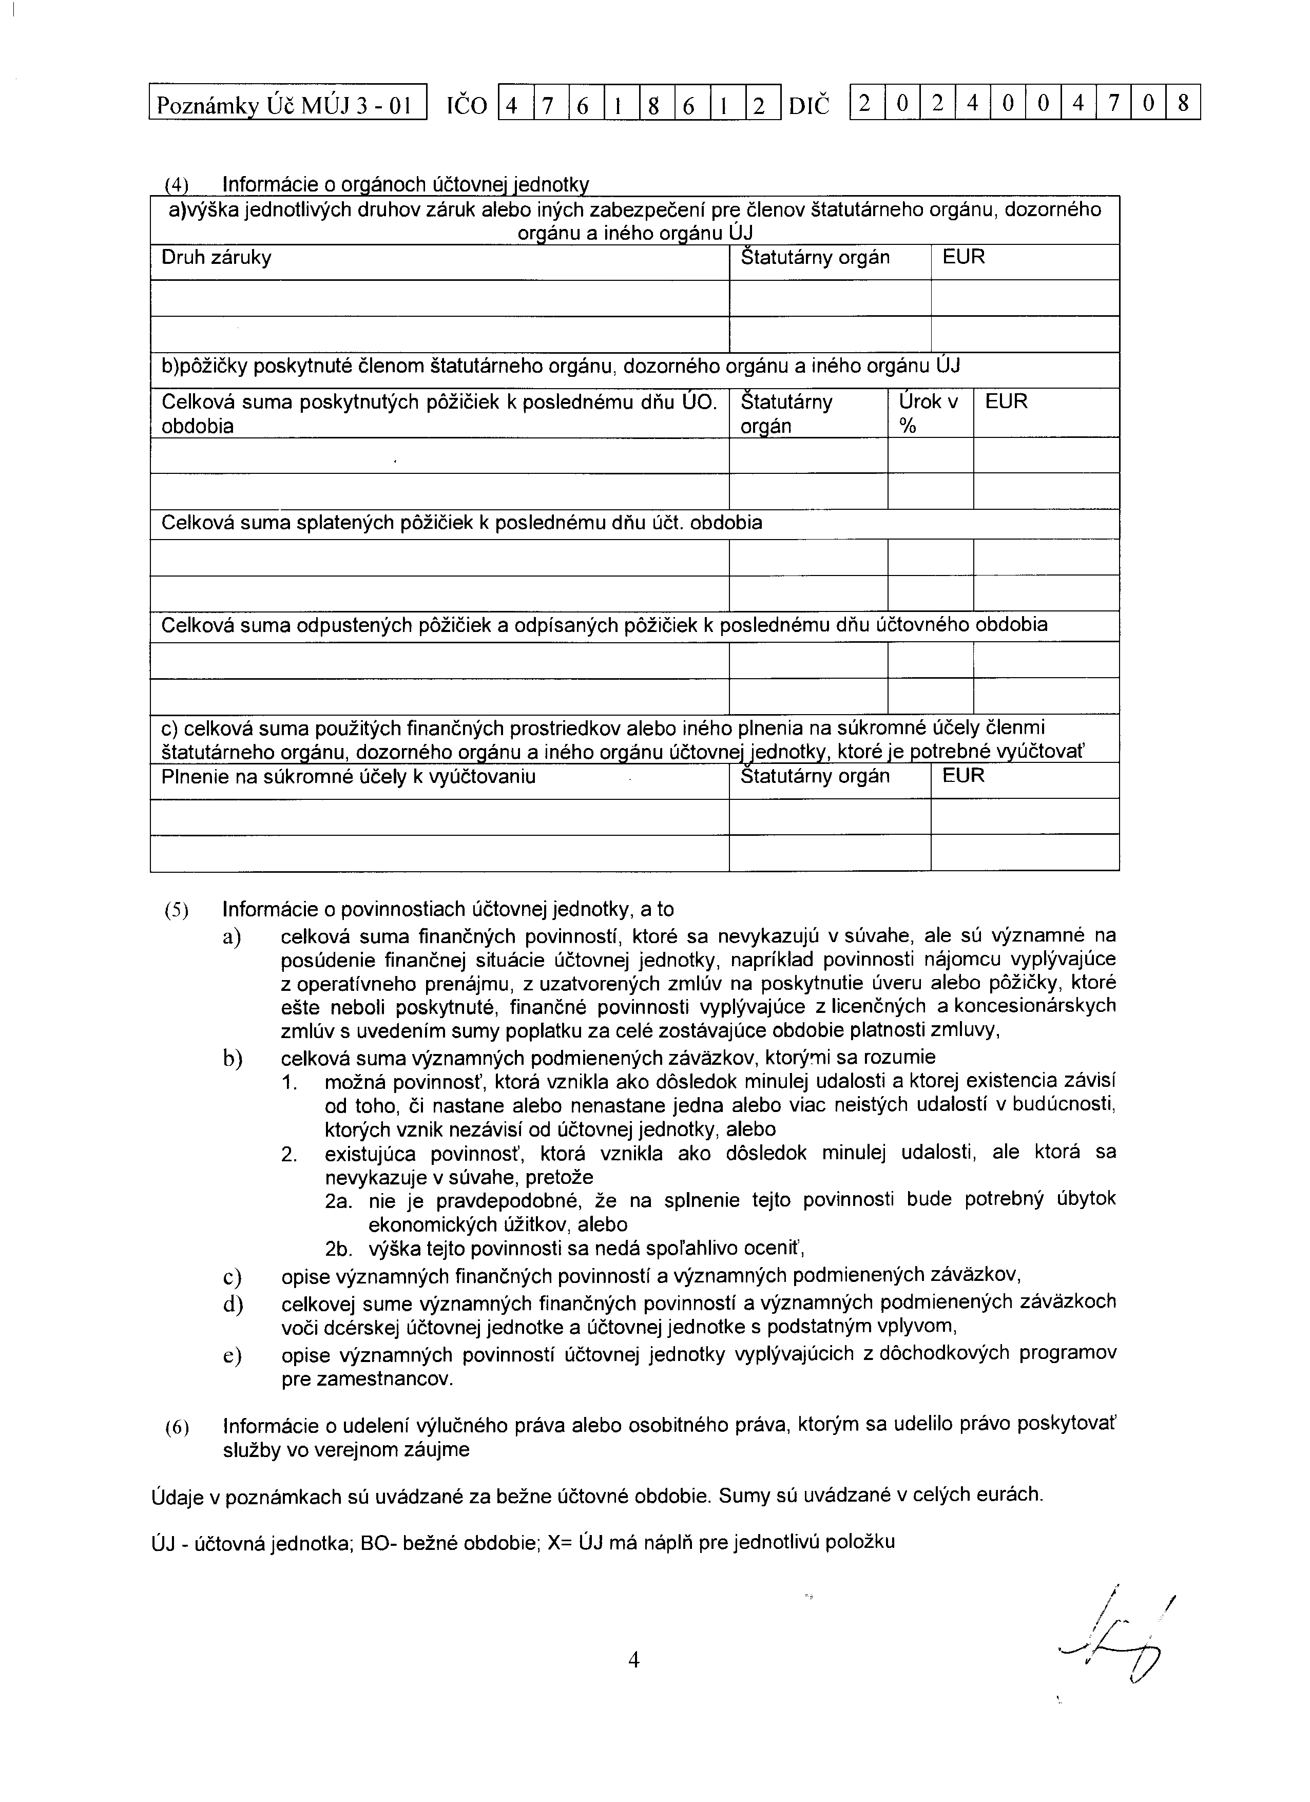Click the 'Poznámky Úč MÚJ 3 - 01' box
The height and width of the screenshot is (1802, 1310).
pyautogui.click(x=287, y=103)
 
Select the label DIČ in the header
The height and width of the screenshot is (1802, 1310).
pyautogui.click(x=808, y=104)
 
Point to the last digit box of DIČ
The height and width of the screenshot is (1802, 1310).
pyautogui.click(x=1183, y=103)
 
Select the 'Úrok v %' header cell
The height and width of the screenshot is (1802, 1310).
pyautogui.click(x=929, y=413)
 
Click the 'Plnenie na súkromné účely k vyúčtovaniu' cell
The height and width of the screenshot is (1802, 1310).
pyautogui.click(x=348, y=776)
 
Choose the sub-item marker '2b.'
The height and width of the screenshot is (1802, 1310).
pyautogui.click(x=341, y=1249)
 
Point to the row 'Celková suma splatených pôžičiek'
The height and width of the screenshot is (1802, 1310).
pyautogui.click(x=461, y=523)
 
